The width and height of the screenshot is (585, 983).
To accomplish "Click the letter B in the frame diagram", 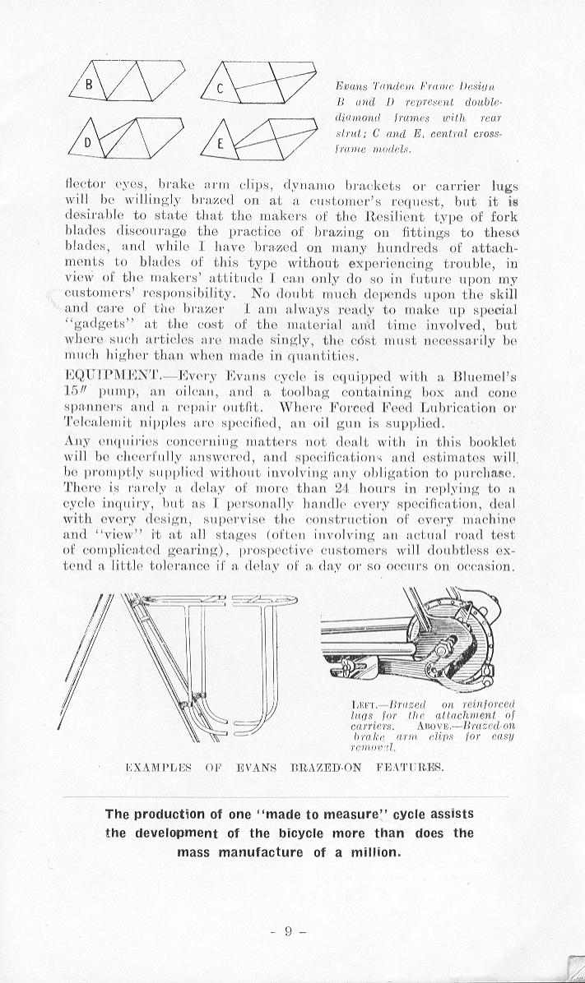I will [x=92, y=85].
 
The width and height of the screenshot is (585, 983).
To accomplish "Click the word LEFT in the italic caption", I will [x=364, y=704].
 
